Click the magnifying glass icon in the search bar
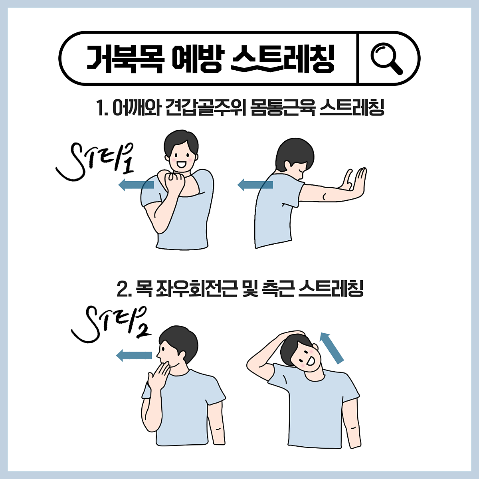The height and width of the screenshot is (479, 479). tap(386, 59)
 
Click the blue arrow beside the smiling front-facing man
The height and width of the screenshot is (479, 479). tap(136, 184)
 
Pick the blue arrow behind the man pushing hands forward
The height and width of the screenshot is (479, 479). tap(255, 185)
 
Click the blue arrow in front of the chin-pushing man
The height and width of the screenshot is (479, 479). tap(134, 355)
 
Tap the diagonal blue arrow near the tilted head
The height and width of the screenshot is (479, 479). tap(332, 348)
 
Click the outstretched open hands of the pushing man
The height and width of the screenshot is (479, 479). tap(354, 182)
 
